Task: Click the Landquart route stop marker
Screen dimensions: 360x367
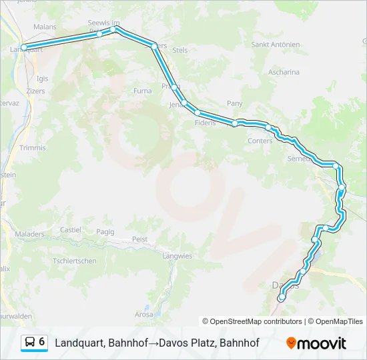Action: coord(24,47)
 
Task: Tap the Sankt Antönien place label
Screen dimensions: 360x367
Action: coord(276,45)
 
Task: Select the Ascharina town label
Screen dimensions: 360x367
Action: coord(284,71)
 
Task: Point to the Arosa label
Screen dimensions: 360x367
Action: coord(143,314)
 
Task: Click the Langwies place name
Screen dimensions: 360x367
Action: coord(177,255)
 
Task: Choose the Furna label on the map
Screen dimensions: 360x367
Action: coord(143,91)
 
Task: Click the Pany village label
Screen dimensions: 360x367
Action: coord(234,103)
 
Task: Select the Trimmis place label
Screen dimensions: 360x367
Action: coord(32,147)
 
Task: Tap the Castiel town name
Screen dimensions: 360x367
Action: coord(71,230)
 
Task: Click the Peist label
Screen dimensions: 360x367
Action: coord(139,239)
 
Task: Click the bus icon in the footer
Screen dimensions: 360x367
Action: coord(30,343)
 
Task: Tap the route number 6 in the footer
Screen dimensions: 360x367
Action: coord(42,342)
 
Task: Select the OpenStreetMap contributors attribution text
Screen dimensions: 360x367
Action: coord(252,321)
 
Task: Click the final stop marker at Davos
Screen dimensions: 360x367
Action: coord(282,298)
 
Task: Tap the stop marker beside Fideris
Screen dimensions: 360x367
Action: coord(198,113)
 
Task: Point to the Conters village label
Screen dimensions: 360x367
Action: coord(260,141)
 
